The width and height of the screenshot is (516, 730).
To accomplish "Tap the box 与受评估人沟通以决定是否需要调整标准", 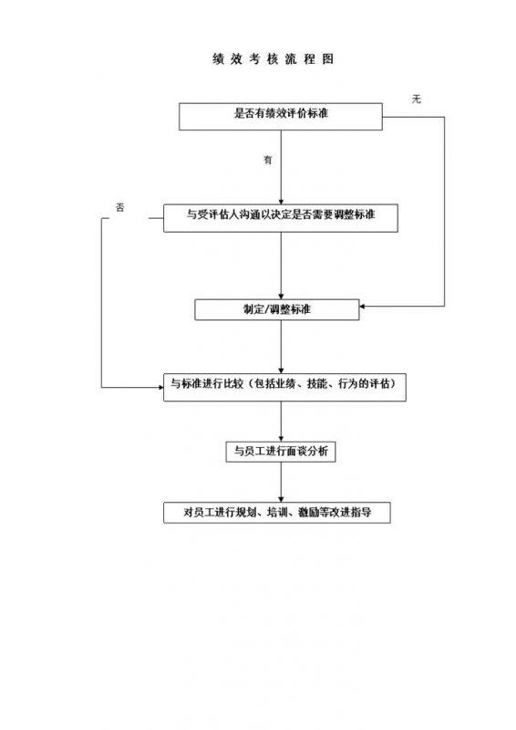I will [281, 215].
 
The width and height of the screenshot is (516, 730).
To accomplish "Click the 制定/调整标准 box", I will [277, 309].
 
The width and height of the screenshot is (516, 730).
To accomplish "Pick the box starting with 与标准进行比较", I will [283, 386].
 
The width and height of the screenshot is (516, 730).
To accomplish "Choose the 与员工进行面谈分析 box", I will [281, 451].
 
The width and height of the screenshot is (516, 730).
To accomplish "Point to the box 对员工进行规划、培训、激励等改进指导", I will [277, 513].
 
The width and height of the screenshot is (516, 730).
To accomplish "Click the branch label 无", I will [416, 98].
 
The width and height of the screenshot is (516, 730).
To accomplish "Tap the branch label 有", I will [268, 160].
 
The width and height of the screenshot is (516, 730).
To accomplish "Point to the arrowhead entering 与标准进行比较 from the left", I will [159, 387].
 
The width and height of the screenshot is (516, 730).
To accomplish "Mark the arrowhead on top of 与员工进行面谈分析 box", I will [281, 438].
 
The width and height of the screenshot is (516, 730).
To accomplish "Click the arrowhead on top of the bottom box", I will [281, 499].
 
